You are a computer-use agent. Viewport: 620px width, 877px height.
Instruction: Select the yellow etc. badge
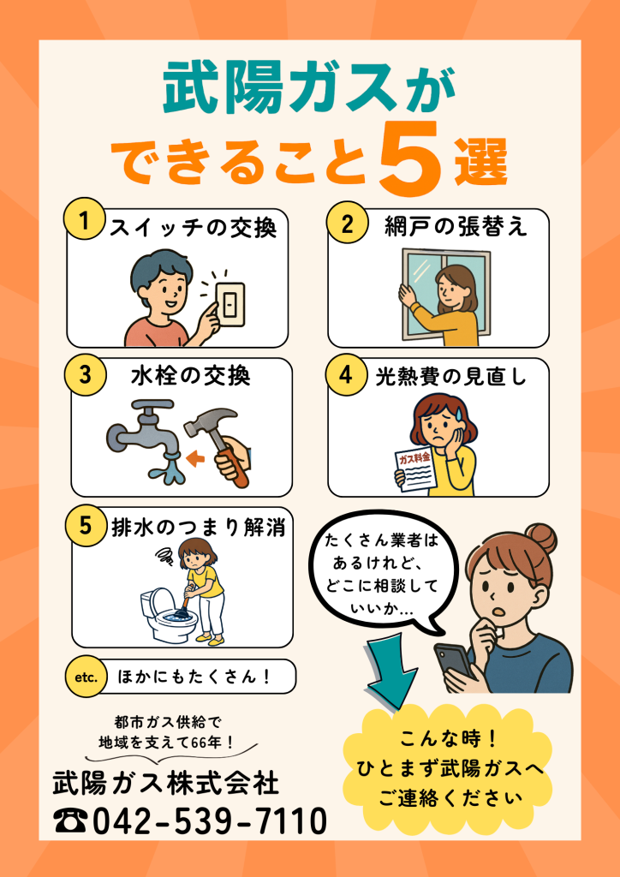(x=86, y=677)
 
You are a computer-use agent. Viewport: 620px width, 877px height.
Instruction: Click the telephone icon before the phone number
(x=71, y=821)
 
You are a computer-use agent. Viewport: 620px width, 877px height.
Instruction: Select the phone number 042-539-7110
(x=209, y=821)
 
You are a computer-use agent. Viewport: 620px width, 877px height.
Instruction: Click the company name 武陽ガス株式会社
(x=167, y=783)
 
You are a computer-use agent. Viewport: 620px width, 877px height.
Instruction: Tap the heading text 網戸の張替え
(x=456, y=225)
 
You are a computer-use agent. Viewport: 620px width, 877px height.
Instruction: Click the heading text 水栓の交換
(x=191, y=377)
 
